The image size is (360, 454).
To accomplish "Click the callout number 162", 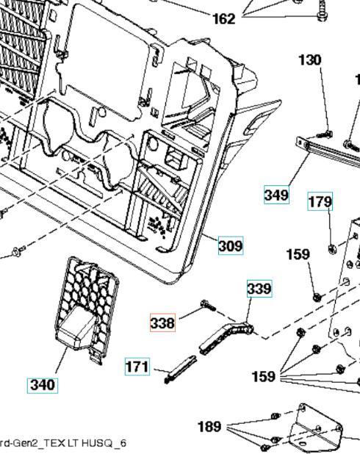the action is pos(223,19).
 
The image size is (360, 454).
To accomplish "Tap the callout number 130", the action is pos(310,60).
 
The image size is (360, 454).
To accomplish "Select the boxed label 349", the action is pos(276,195).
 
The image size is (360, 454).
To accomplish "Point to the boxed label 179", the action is pos(320,201).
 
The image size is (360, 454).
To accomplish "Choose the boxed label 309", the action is pos(231,245).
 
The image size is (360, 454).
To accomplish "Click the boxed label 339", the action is pos(259,289).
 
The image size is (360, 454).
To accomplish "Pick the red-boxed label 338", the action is pos(162,323).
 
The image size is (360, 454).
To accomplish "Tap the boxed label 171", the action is pos(137,367).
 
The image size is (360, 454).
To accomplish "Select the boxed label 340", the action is pos(43,385).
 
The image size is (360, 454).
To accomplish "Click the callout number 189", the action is pos(209,426).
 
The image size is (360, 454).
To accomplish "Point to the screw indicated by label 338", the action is pos(208,305).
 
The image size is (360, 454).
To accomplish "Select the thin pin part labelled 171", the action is pos(180,369).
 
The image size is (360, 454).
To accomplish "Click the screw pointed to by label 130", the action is pos(324,134).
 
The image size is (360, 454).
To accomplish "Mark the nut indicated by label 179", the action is pos(332,248).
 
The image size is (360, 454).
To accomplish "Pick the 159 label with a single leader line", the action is pos(298,254).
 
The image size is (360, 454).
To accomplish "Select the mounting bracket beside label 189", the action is pos(316,427).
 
